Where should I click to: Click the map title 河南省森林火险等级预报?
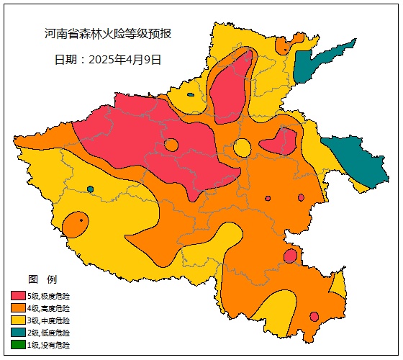click(x=108, y=34)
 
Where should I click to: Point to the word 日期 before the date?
click(x=68, y=60)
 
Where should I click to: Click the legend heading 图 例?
click(x=42, y=279)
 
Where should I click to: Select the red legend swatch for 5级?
click(x=18, y=295)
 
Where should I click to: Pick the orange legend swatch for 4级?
click(x=18, y=307)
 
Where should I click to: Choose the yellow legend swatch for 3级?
click(x=18, y=320)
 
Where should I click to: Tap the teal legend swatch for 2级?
click(x=18, y=333)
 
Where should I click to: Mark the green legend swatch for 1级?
click(x=18, y=345)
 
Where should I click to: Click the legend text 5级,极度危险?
click(x=49, y=295)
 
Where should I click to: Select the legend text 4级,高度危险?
click(x=49, y=307)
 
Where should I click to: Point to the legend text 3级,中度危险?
click(x=49, y=320)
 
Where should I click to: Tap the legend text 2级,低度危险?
click(x=49, y=333)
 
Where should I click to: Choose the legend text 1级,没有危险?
click(x=49, y=345)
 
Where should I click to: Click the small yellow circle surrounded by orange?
click(x=243, y=148)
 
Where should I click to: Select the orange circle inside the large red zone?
click(x=171, y=145)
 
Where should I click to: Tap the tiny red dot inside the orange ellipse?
click(x=82, y=220)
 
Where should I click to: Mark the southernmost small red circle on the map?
click(x=314, y=316)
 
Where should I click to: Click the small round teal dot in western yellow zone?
click(x=90, y=189)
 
